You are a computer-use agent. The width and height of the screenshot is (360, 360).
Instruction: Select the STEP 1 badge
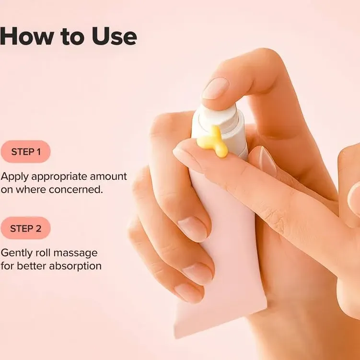[x=25, y=151]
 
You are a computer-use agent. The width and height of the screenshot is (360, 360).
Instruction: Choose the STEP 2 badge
[x=25, y=228]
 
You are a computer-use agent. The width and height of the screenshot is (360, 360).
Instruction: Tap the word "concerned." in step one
[x=79, y=189]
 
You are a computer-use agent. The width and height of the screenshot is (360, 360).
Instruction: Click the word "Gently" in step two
[x=16, y=253]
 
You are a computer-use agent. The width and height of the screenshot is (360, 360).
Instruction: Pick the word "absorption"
[x=76, y=266]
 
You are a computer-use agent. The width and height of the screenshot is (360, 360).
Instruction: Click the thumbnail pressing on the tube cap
[x=215, y=88]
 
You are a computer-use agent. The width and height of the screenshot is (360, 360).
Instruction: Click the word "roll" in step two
[x=43, y=253]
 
